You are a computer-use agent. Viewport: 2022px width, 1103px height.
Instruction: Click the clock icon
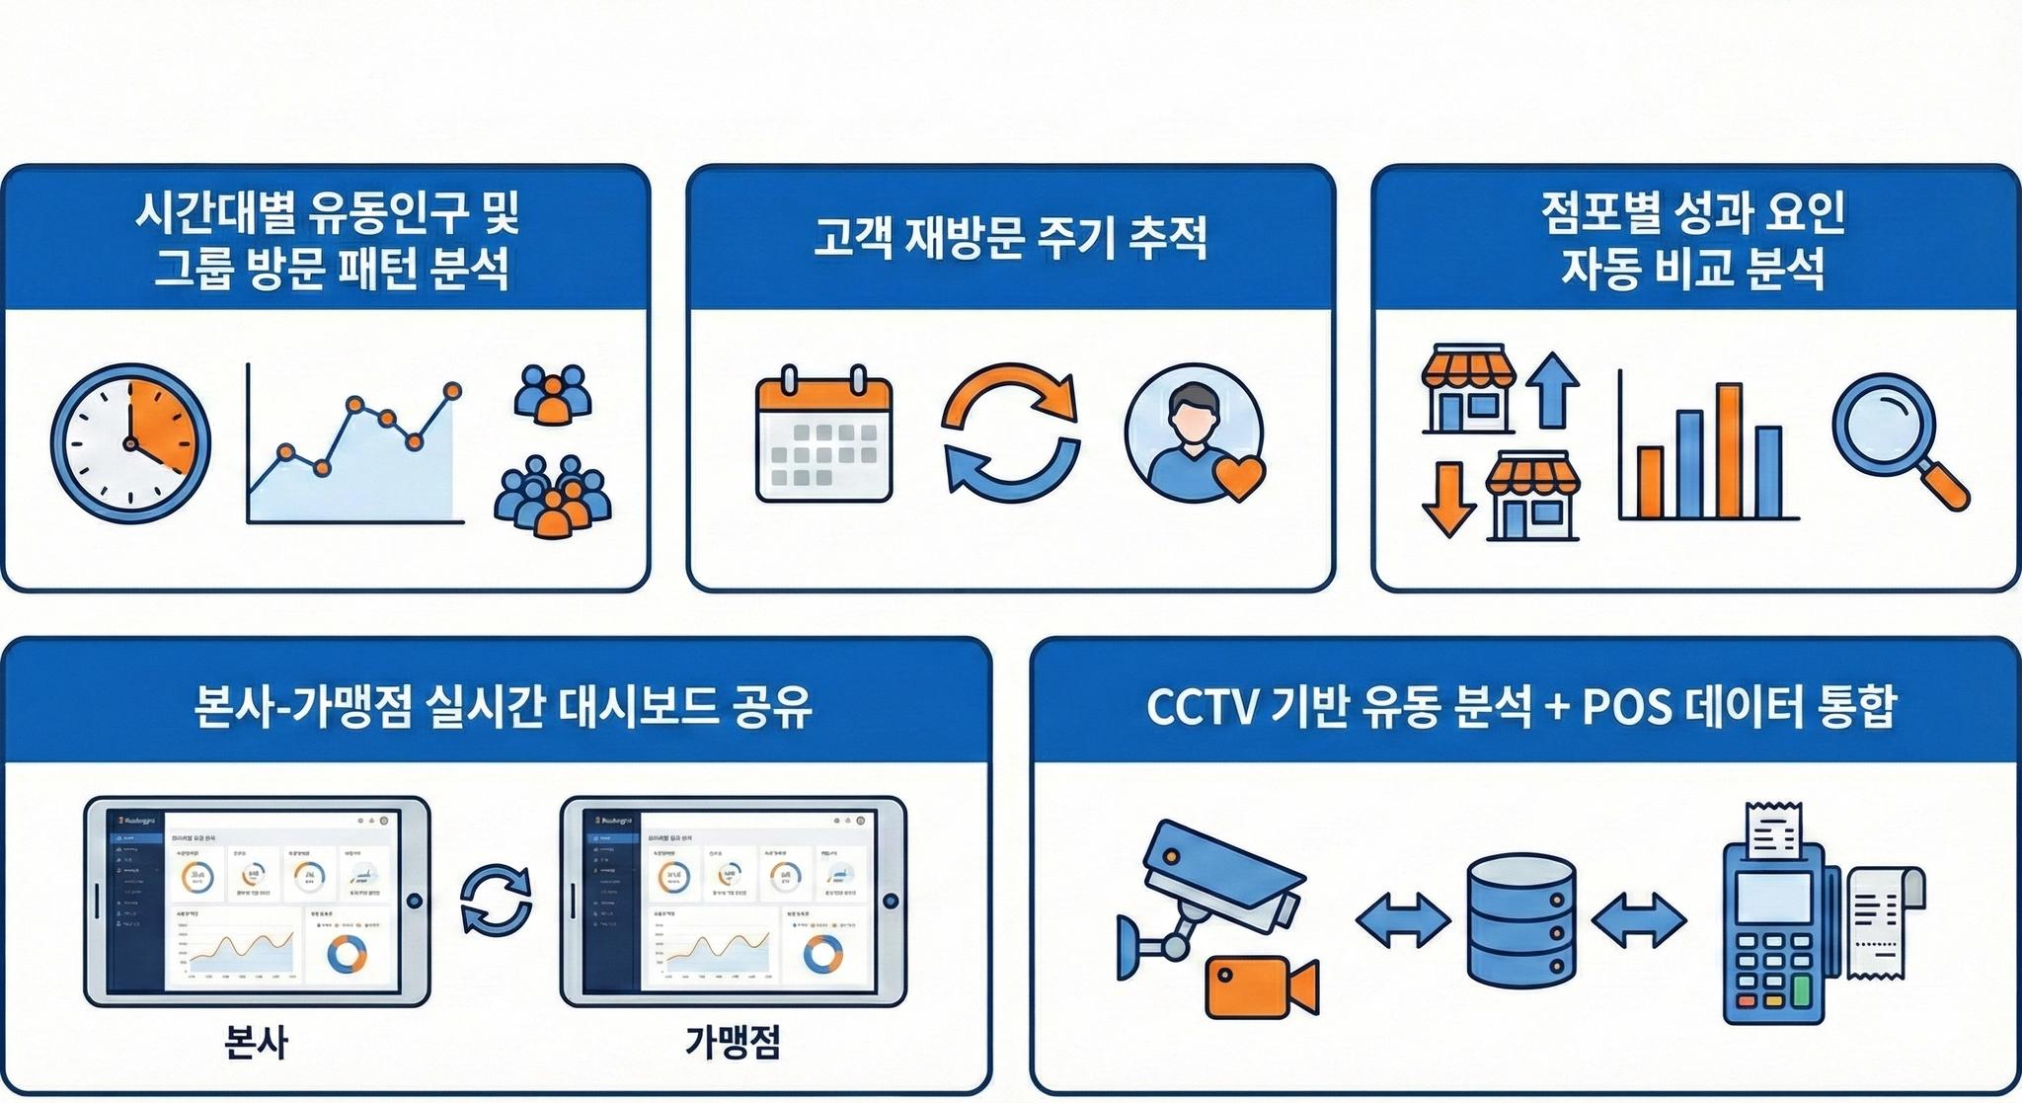coord(130,443)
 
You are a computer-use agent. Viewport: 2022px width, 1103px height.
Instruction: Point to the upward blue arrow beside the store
coord(1552,389)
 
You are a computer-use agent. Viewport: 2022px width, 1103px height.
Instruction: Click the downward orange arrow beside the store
coord(1448,499)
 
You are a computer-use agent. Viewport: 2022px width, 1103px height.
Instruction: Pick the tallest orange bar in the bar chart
coord(1728,450)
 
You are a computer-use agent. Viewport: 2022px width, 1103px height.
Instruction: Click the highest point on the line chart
coord(452,390)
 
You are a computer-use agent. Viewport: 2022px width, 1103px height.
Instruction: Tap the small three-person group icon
coord(553,394)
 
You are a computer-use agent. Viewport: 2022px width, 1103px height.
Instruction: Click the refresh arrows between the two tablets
coord(496,900)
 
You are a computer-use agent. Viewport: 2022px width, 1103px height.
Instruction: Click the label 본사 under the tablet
coord(257,1042)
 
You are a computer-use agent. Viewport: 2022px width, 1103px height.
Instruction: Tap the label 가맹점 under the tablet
coord(733,1042)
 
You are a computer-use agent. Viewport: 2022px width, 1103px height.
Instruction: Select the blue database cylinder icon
coord(1520,920)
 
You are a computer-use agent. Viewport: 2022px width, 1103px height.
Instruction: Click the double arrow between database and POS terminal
coord(1639,920)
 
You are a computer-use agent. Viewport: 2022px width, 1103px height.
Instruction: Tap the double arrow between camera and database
coord(1403,920)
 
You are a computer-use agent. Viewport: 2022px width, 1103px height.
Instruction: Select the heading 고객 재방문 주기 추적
coord(1010,238)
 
